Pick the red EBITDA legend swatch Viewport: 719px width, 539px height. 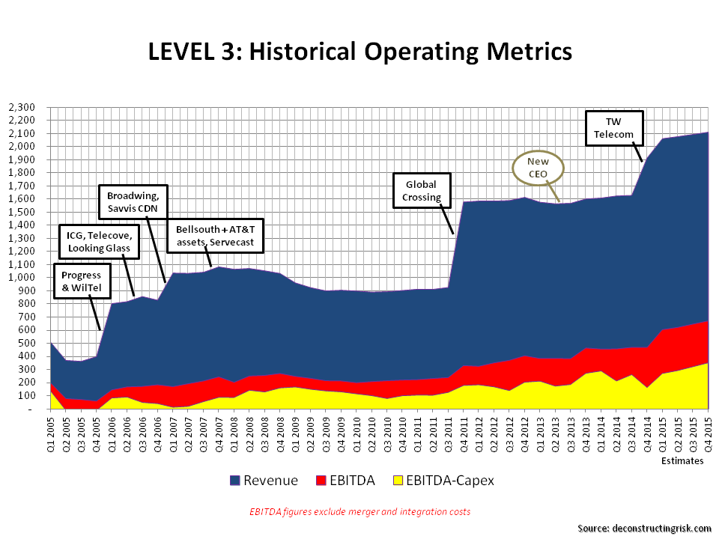click(319, 481)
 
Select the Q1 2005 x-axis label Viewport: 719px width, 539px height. click(52, 433)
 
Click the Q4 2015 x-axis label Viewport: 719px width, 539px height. click(708, 433)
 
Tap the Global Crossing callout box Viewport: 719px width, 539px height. click(422, 191)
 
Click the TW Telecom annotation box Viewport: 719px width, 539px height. click(613, 128)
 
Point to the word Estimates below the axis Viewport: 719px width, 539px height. click(682, 461)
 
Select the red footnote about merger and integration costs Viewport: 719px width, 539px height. click(359, 511)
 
